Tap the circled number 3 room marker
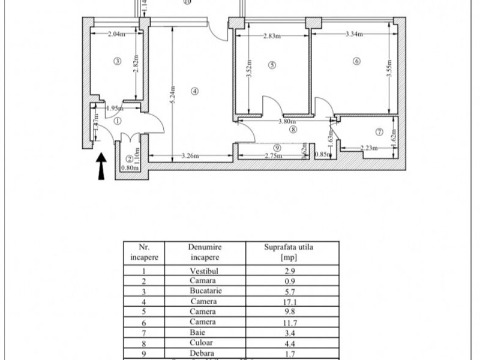click(118, 61)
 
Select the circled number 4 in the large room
click(194, 91)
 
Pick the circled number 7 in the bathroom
click(379, 131)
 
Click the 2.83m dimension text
click(272, 35)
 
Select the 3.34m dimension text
click(355, 34)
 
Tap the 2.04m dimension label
click(116, 34)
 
